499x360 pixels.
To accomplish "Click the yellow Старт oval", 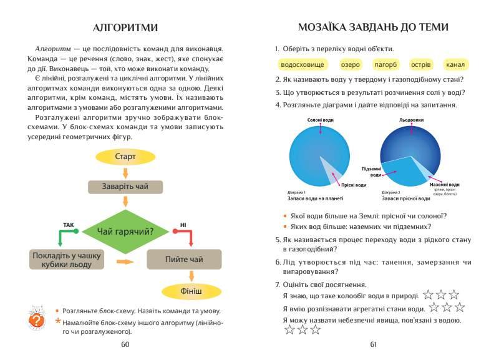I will click(x=125, y=157).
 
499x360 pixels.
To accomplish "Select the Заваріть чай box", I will click(x=125, y=187).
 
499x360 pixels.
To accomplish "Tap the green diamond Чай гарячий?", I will click(x=125, y=232).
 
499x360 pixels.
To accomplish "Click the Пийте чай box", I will click(x=184, y=259).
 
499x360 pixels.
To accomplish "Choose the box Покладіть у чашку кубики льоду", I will click(x=67, y=259).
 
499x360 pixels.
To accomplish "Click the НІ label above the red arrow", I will click(x=183, y=225).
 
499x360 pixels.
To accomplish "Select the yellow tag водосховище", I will click(x=302, y=64).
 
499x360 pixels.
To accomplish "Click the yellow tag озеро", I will click(x=350, y=64).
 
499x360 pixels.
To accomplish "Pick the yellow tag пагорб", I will click(x=385, y=64).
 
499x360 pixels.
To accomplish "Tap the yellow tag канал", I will click(x=455, y=64).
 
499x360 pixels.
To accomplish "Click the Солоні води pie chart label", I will click(x=321, y=119).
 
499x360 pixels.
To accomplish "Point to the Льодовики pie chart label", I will click(x=411, y=119).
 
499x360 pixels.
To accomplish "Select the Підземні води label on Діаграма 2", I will click(x=372, y=172).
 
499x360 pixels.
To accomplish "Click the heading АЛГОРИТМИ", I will click(x=125, y=27).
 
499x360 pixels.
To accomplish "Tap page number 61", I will click(x=374, y=344).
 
